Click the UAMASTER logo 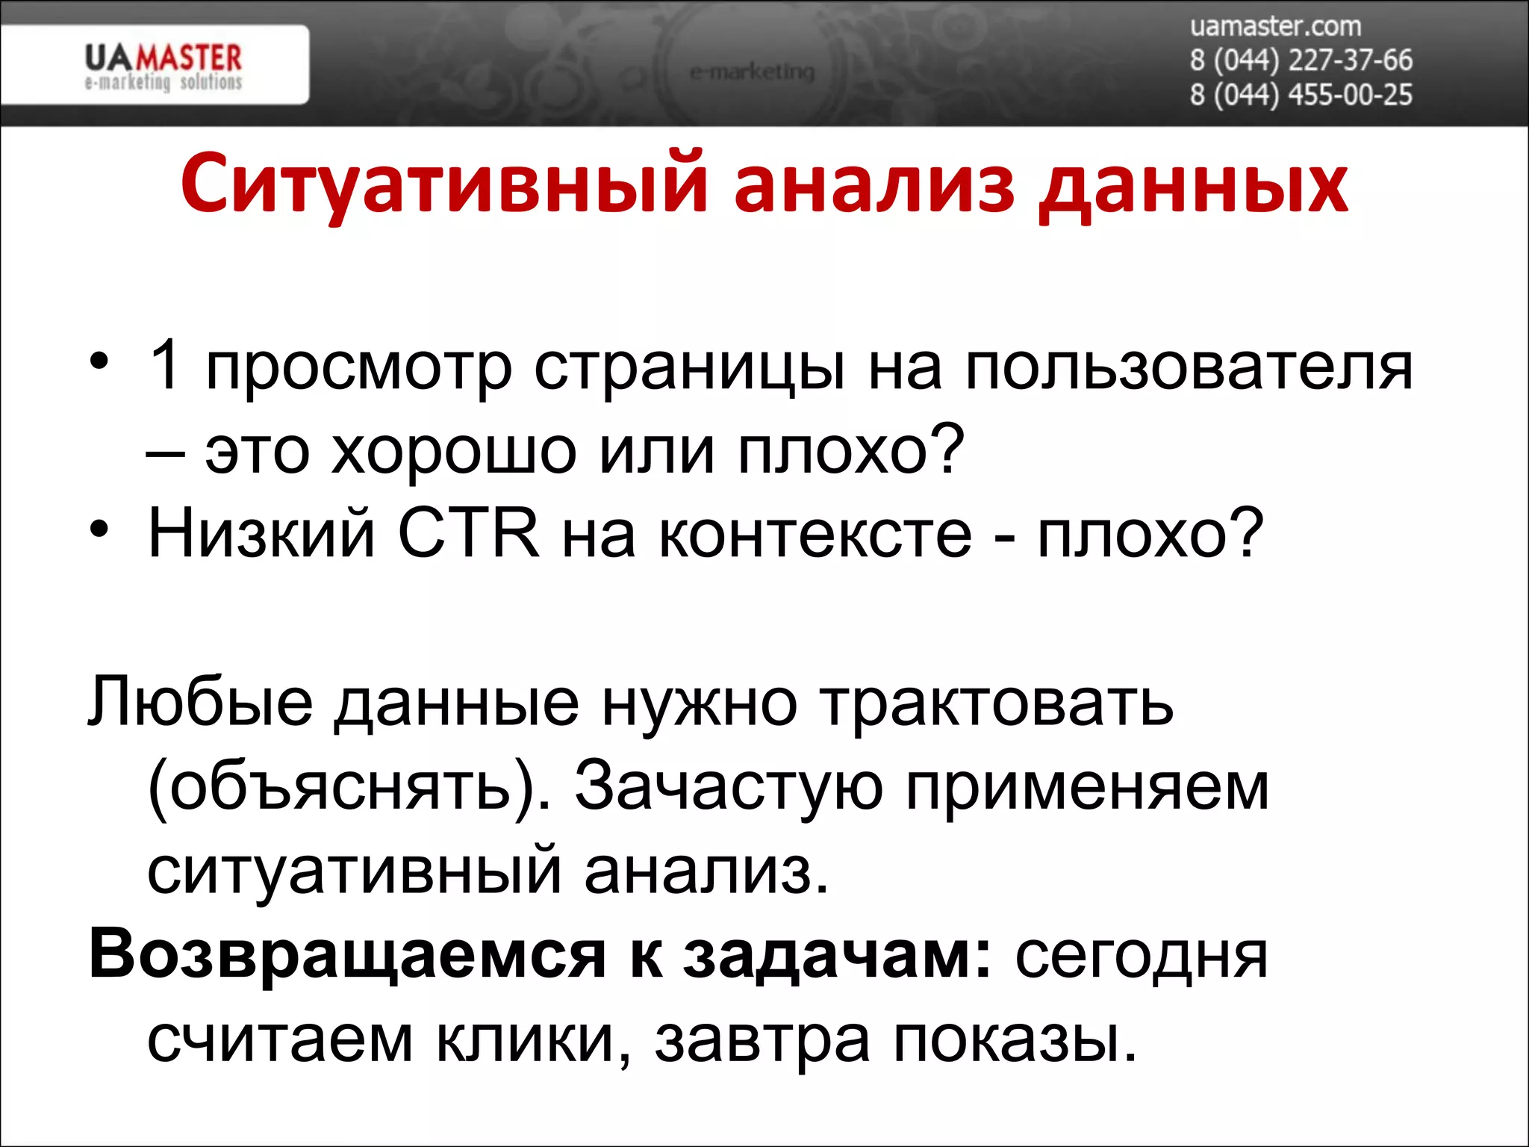click(x=164, y=66)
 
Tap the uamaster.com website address click(x=1275, y=27)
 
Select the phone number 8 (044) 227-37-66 click(x=1301, y=60)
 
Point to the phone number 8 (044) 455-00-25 click(x=1301, y=95)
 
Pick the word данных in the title click(x=1193, y=187)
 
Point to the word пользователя click(x=1189, y=369)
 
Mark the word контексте click(x=815, y=534)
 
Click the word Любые click(x=201, y=702)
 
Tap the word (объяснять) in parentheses click(x=349, y=788)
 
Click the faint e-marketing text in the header click(x=752, y=72)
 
